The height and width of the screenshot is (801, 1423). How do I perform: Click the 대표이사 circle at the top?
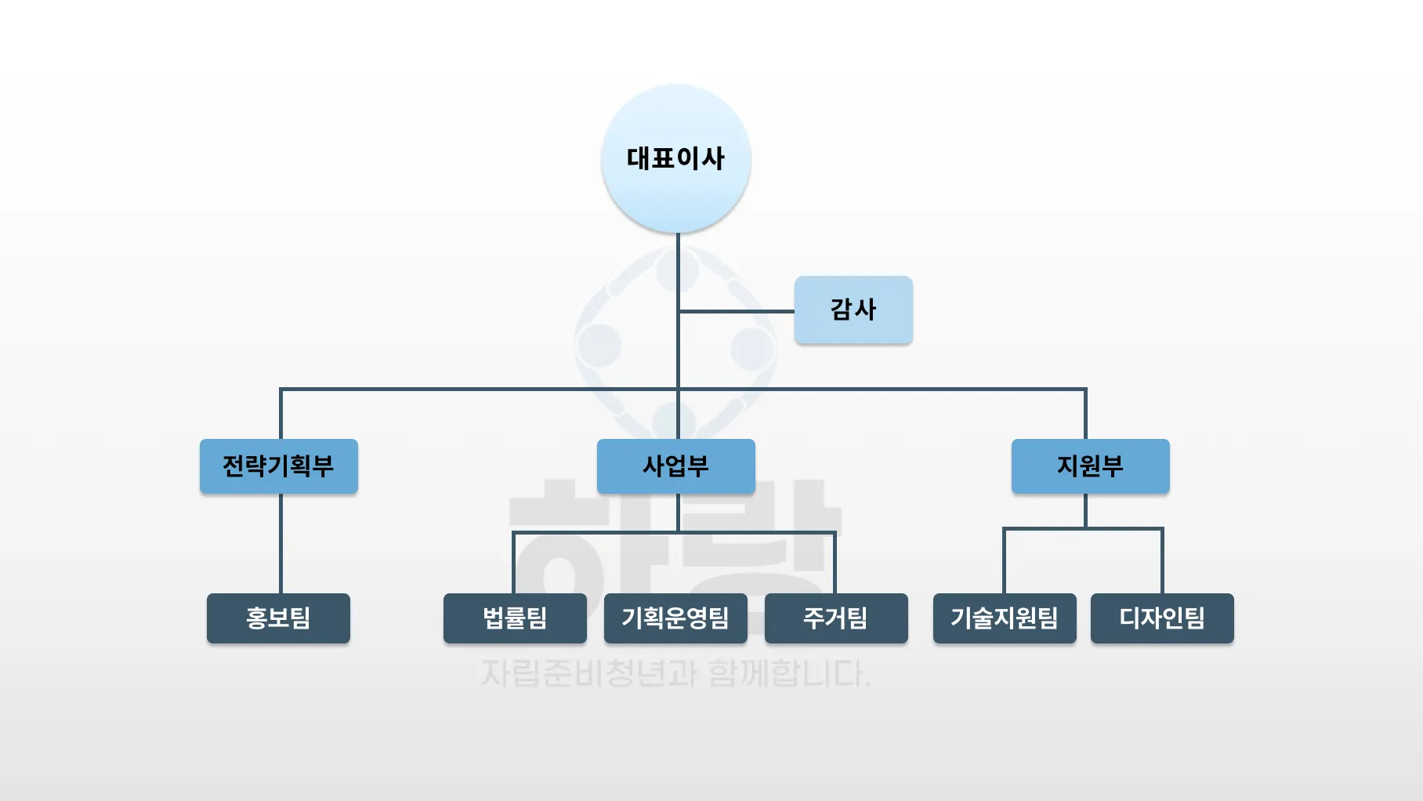pos(675,158)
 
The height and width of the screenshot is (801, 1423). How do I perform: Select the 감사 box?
pos(853,310)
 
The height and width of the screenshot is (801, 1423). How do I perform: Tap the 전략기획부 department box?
pos(279,466)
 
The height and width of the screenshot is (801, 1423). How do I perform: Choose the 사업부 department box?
pos(675,466)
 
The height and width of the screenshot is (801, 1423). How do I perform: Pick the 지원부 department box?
pos(1090,466)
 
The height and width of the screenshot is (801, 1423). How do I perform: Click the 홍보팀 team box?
pos(278,618)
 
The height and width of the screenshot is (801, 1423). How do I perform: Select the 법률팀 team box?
pos(515,618)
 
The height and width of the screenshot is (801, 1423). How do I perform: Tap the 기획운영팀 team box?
pos(675,618)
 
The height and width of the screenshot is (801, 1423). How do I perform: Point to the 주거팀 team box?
pos(836,618)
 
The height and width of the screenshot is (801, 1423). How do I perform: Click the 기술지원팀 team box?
pos(1005,618)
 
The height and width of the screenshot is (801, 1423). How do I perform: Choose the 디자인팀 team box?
pos(1162,618)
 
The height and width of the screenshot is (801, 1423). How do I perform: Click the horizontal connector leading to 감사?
pos(737,311)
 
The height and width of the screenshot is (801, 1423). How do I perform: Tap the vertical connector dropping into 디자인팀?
pos(1162,562)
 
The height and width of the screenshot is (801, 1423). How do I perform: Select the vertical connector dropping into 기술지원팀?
pos(1005,562)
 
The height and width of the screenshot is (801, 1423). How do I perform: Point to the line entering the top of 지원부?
pos(1085,414)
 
